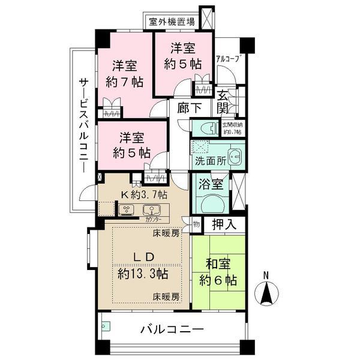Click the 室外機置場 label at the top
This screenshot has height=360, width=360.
coord(172,22)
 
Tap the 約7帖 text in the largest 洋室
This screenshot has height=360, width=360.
coord(121,82)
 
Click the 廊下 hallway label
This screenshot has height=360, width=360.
coord(189,109)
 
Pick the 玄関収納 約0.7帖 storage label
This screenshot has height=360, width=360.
coord(232,128)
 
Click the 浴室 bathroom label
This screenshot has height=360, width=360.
coord(212,185)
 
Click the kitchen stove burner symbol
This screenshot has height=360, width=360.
coord(127,209)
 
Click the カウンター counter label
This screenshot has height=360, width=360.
coord(153,220)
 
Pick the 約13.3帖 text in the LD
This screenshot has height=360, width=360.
coord(142,274)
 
